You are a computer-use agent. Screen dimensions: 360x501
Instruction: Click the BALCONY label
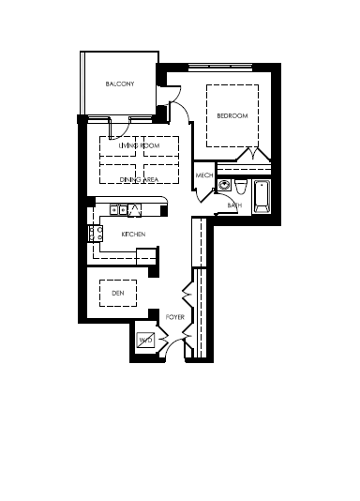(120, 84)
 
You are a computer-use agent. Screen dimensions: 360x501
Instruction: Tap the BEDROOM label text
(232, 115)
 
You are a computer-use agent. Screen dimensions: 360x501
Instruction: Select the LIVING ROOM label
(139, 145)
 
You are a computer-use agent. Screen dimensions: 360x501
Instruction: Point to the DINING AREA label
(139, 179)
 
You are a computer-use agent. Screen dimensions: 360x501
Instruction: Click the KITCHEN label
(133, 235)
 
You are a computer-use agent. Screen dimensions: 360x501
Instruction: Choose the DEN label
(118, 293)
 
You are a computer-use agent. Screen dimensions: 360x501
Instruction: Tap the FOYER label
(175, 317)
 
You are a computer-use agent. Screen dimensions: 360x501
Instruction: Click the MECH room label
(204, 175)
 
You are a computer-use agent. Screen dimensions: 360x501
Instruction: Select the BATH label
(234, 205)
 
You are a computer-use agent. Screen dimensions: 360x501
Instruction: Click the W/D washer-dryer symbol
(145, 340)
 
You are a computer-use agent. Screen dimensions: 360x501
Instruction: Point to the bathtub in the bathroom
(262, 196)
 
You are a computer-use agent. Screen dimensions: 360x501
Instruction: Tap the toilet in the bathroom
(241, 187)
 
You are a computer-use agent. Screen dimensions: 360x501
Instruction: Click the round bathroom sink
(224, 186)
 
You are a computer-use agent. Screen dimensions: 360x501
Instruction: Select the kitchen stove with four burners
(96, 234)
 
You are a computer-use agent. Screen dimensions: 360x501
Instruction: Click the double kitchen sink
(118, 210)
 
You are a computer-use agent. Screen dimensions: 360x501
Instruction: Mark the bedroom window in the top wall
(220, 68)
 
